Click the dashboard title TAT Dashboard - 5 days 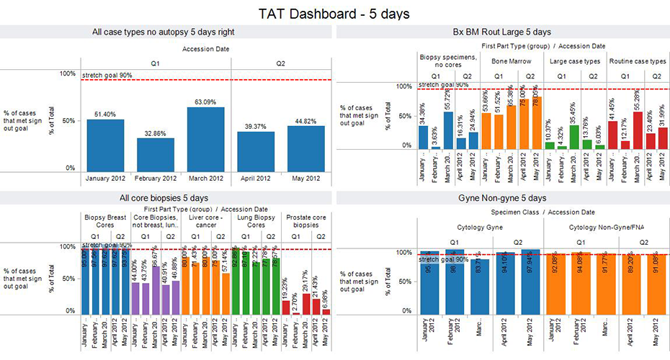[x=334, y=13]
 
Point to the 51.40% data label [x=105, y=114]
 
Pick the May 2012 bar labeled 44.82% [x=305, y=147]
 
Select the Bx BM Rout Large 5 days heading [x=501, y=32]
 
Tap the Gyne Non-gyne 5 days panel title [x=501, y=197]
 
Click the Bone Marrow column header [x=506, y=62]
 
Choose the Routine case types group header [x=638, y=62]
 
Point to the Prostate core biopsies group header [x=303, y=220]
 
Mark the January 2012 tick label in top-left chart [x=105, y=178]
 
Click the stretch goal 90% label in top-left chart [x=107, y=75]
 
